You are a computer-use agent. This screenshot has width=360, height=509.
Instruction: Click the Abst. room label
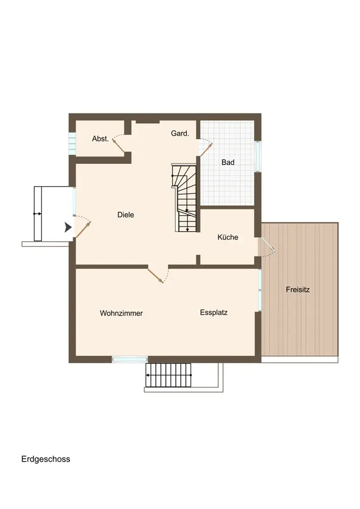(x=100, y=138)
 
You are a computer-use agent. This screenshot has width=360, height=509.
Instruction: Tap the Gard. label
(x=180, y=133)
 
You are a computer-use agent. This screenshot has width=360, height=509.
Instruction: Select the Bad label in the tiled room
(x=228, y=162)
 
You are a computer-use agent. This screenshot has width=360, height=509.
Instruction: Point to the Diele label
(x=126, y=215)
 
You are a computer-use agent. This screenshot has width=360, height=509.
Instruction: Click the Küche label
(x=228, y=237)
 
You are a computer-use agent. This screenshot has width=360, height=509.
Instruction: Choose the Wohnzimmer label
(x=121, y=313)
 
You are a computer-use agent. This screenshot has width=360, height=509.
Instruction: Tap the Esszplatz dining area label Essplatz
(x=213, y=313)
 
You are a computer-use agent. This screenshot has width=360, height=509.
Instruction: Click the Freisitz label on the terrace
(x=298, y=289)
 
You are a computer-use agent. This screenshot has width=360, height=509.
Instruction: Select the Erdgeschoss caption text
(x=46, y=459)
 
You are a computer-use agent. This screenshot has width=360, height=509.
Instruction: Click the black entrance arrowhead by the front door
(x=68, y=227)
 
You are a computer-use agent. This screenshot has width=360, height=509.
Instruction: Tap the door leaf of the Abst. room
(x=118, y=145)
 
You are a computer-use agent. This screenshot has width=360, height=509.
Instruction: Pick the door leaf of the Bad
(x=206, y=150)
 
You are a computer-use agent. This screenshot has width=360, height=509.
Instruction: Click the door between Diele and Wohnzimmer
(x=155, y=275)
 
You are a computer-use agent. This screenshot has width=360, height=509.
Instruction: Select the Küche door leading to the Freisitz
(x=268, y=244)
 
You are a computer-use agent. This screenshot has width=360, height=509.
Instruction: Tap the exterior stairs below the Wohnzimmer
(x=169, y=375)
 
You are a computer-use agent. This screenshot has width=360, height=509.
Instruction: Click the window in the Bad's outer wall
(x=258, y=156)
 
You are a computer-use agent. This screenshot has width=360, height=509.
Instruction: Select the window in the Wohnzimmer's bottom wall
(x=130, y=359)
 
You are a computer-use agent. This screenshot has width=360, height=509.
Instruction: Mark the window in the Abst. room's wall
(x=72, y=143)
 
